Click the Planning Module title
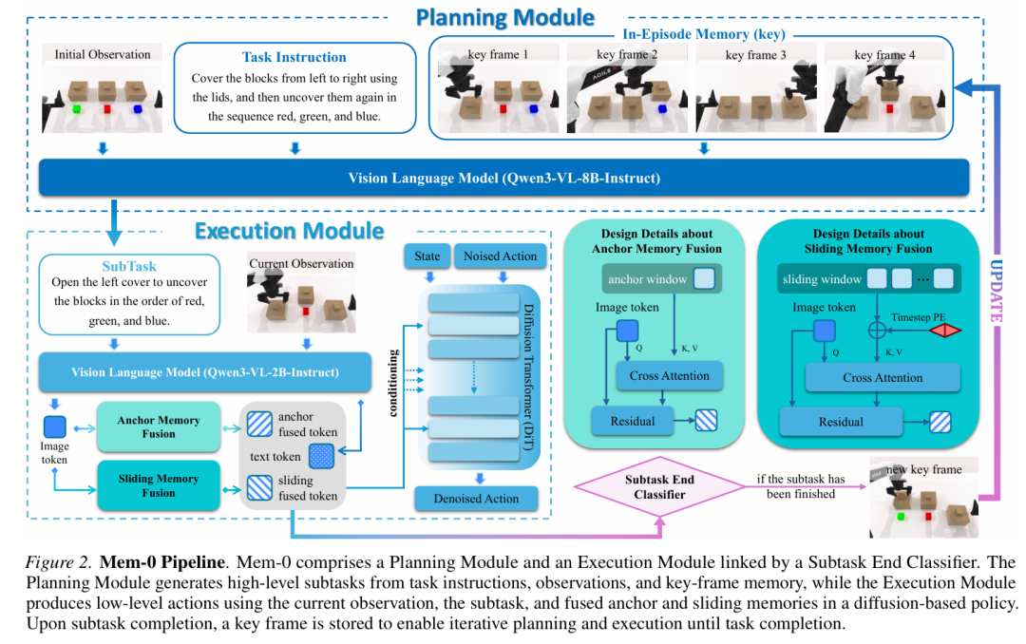[505, 18]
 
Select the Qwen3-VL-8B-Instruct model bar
[503, 178]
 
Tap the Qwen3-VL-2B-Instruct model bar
[205, 372]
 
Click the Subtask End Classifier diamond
[659, 487]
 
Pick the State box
[427, 256]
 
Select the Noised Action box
[500, 256]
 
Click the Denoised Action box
[476, 499]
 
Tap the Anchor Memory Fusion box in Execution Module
[159, 426]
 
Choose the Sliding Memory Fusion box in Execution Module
[159, 485]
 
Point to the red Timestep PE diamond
[945, 331]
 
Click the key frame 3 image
[756, 87]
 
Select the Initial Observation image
[102, 87]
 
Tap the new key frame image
[924, 498]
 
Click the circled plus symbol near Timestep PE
[877, 330]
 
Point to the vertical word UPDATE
[996, 291]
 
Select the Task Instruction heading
[294, 57]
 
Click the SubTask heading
[129, 266]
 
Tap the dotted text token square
[321, 456]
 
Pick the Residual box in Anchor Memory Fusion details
[632, 422]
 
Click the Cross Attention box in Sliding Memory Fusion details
[883, 378]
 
